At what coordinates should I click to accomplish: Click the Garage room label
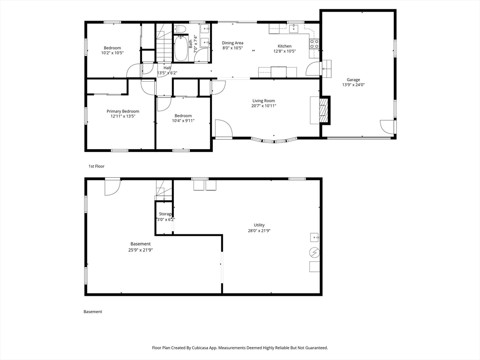tap(353, 80)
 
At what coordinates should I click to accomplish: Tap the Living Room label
tap(263, 101)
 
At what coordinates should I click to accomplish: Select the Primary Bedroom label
tap(123, 112)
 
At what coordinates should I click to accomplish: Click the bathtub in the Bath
tap(180, 48)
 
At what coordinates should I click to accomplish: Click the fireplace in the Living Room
tap(324, 110)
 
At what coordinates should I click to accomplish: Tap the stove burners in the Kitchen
tap(315, 44)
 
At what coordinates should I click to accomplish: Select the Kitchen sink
tap(294, 29)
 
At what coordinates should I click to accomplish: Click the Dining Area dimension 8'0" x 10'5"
tap(232, 48)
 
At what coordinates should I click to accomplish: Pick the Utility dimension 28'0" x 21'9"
tap(259, 231)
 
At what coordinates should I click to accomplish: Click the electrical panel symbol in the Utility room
tap(314, 253)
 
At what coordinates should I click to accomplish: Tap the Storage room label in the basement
tap(165, 214)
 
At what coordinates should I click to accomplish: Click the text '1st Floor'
tap(97, 166)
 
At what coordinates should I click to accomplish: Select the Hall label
tap(167, 67)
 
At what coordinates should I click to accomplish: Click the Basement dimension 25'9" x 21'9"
tap(141, 250)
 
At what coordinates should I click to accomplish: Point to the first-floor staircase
tap(165, 43)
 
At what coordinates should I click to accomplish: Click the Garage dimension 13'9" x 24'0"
tap(353, 85)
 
